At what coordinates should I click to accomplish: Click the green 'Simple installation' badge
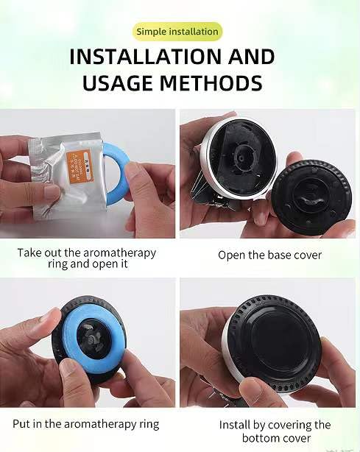[177, 32]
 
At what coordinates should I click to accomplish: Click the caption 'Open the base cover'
[270, 255]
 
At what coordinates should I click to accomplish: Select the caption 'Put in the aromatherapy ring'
[85, 424]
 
